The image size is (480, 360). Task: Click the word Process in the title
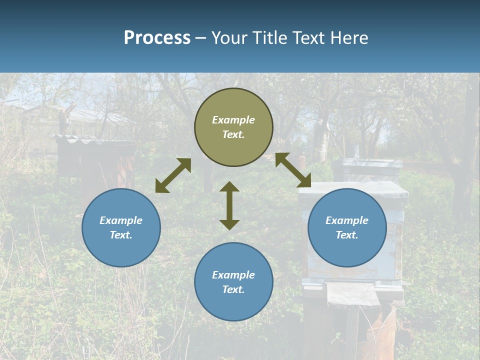click(157, 38)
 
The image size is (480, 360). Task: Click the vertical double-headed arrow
click(229, 205)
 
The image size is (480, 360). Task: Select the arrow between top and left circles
click(173, 175)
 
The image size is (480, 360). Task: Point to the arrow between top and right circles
click(293, 170)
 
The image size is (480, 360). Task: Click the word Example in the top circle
click(233, 120)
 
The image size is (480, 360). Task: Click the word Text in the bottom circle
click(233, 289)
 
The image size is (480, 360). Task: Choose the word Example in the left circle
click(121, 220)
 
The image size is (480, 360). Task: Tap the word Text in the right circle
click(347, 235)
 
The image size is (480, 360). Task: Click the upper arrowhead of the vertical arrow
click(229, 187)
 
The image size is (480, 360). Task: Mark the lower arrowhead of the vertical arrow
click(229, 224)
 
